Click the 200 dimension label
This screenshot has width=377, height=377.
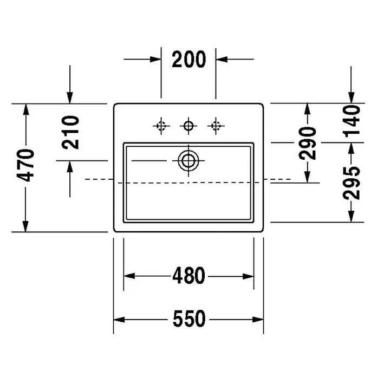(189, 59)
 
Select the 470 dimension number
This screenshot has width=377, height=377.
(25, 165)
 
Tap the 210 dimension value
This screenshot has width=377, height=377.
(70, 132)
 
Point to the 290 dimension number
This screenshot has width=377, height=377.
(308, 144)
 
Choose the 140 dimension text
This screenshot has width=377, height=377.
(352, 121)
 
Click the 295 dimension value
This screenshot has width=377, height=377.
(352, 183)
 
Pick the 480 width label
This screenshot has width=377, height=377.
(188, 275)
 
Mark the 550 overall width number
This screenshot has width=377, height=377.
(189, 318)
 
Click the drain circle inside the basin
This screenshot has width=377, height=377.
(188, 160)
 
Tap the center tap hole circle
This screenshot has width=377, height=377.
(188, 126)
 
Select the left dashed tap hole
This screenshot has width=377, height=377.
(161, 126)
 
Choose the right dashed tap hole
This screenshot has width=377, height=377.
(216, 126)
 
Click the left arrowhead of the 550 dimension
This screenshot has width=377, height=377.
(119, 320)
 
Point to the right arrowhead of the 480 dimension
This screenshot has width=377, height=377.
(248, 276)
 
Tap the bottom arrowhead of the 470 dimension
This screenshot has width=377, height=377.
(25, 226)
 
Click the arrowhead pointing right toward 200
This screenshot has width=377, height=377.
(155, 59)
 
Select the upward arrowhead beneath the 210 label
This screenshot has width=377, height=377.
(70, 167)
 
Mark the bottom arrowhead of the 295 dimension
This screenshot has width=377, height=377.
(352, 216)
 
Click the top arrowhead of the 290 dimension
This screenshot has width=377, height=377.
(307, 109)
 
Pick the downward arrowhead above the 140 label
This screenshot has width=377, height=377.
(352, 97)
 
